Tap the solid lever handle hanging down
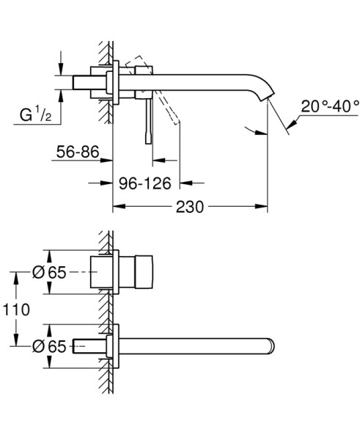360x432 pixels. (x=150, y=117)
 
